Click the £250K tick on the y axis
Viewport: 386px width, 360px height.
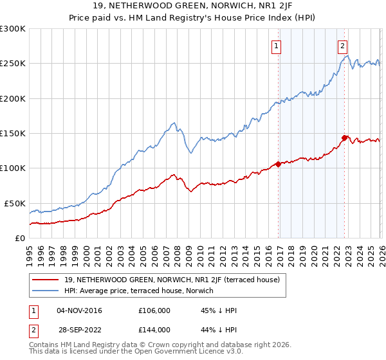pyautogui.click(x=13, y=64)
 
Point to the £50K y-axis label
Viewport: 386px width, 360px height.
pyautogui.click(x=15, y=203)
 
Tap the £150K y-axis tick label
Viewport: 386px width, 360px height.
pyautogui.click(x=13, y=134)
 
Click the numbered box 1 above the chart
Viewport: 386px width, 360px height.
pyautogui.click(x=277, y=46)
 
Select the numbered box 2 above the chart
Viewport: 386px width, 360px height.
pyautogui.click(x=343, y=46)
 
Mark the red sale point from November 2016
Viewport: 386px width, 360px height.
pyautogui.click(x=278, y=164)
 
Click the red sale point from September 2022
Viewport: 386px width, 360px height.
pyautogui.click(x=345, y=138)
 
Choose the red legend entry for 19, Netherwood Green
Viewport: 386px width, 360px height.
pyautogui.click(x=171, y=280)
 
